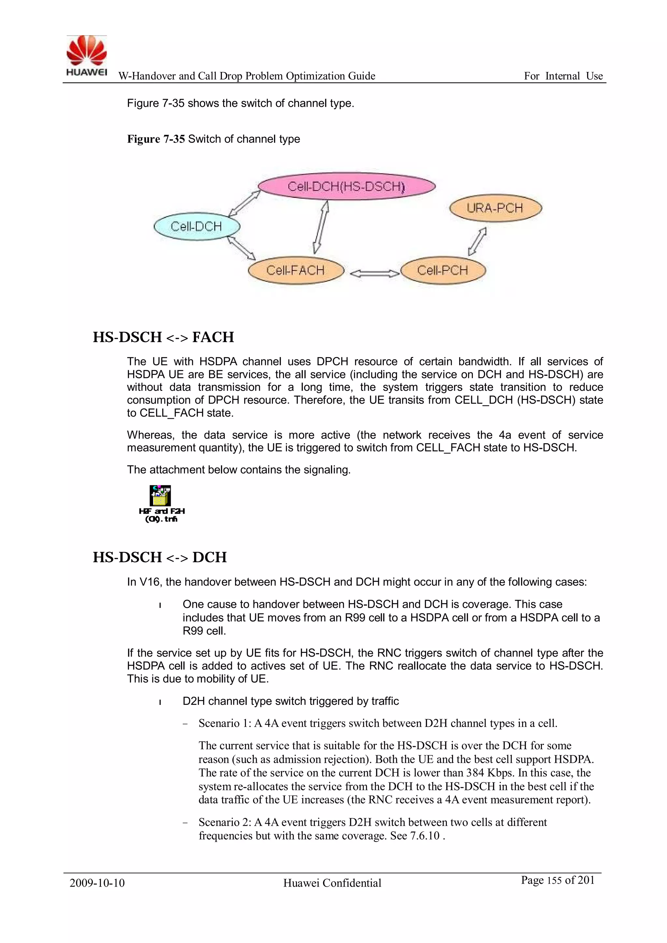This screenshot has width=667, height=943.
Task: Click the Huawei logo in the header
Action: (87, 55)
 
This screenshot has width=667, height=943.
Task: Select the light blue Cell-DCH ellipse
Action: (196, 226)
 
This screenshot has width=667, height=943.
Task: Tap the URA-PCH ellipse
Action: (495, 208)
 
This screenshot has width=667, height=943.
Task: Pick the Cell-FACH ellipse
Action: (296, 270)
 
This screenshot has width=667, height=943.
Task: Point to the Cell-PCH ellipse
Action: (443, 270)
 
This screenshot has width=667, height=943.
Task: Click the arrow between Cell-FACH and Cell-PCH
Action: (374, 273)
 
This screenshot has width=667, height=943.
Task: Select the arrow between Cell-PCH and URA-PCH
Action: (477, 241)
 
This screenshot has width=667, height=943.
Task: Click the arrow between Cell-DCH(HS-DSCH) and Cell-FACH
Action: (321, 227)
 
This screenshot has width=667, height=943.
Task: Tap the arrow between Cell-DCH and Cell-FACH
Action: (242, 249)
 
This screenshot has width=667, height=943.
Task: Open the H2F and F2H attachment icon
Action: (160, 496)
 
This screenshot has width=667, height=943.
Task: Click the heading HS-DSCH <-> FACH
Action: (163, 337)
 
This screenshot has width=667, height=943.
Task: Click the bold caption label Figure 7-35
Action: (156, 139)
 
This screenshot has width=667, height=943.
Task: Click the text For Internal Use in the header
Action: (563, 76)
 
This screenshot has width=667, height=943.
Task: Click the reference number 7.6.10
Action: (425, 836)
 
